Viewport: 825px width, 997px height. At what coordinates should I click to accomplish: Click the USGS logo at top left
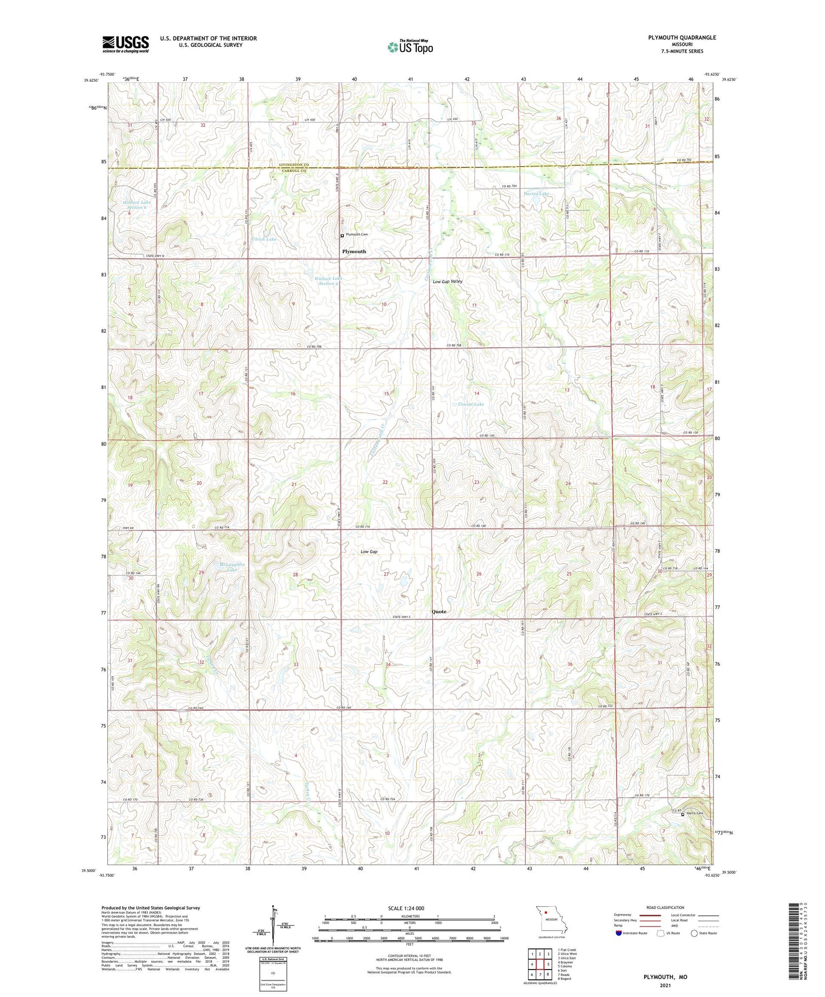point(125,44)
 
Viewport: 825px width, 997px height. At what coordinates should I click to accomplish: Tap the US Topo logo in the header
point(409,47)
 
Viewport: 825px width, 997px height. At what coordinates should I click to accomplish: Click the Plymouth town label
point(354,251)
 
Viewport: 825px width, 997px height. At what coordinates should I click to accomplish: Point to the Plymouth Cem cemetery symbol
point(342,235)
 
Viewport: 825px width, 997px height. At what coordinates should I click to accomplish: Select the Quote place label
point(439,612)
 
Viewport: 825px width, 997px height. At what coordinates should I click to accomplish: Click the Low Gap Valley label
point(448,282)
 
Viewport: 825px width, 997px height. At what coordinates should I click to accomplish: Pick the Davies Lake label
point(537,194)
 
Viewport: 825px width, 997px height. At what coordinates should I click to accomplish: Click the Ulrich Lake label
point(263,239)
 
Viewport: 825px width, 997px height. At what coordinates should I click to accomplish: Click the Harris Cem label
point(694,814)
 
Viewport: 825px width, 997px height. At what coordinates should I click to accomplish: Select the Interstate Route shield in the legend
point(619,933)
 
